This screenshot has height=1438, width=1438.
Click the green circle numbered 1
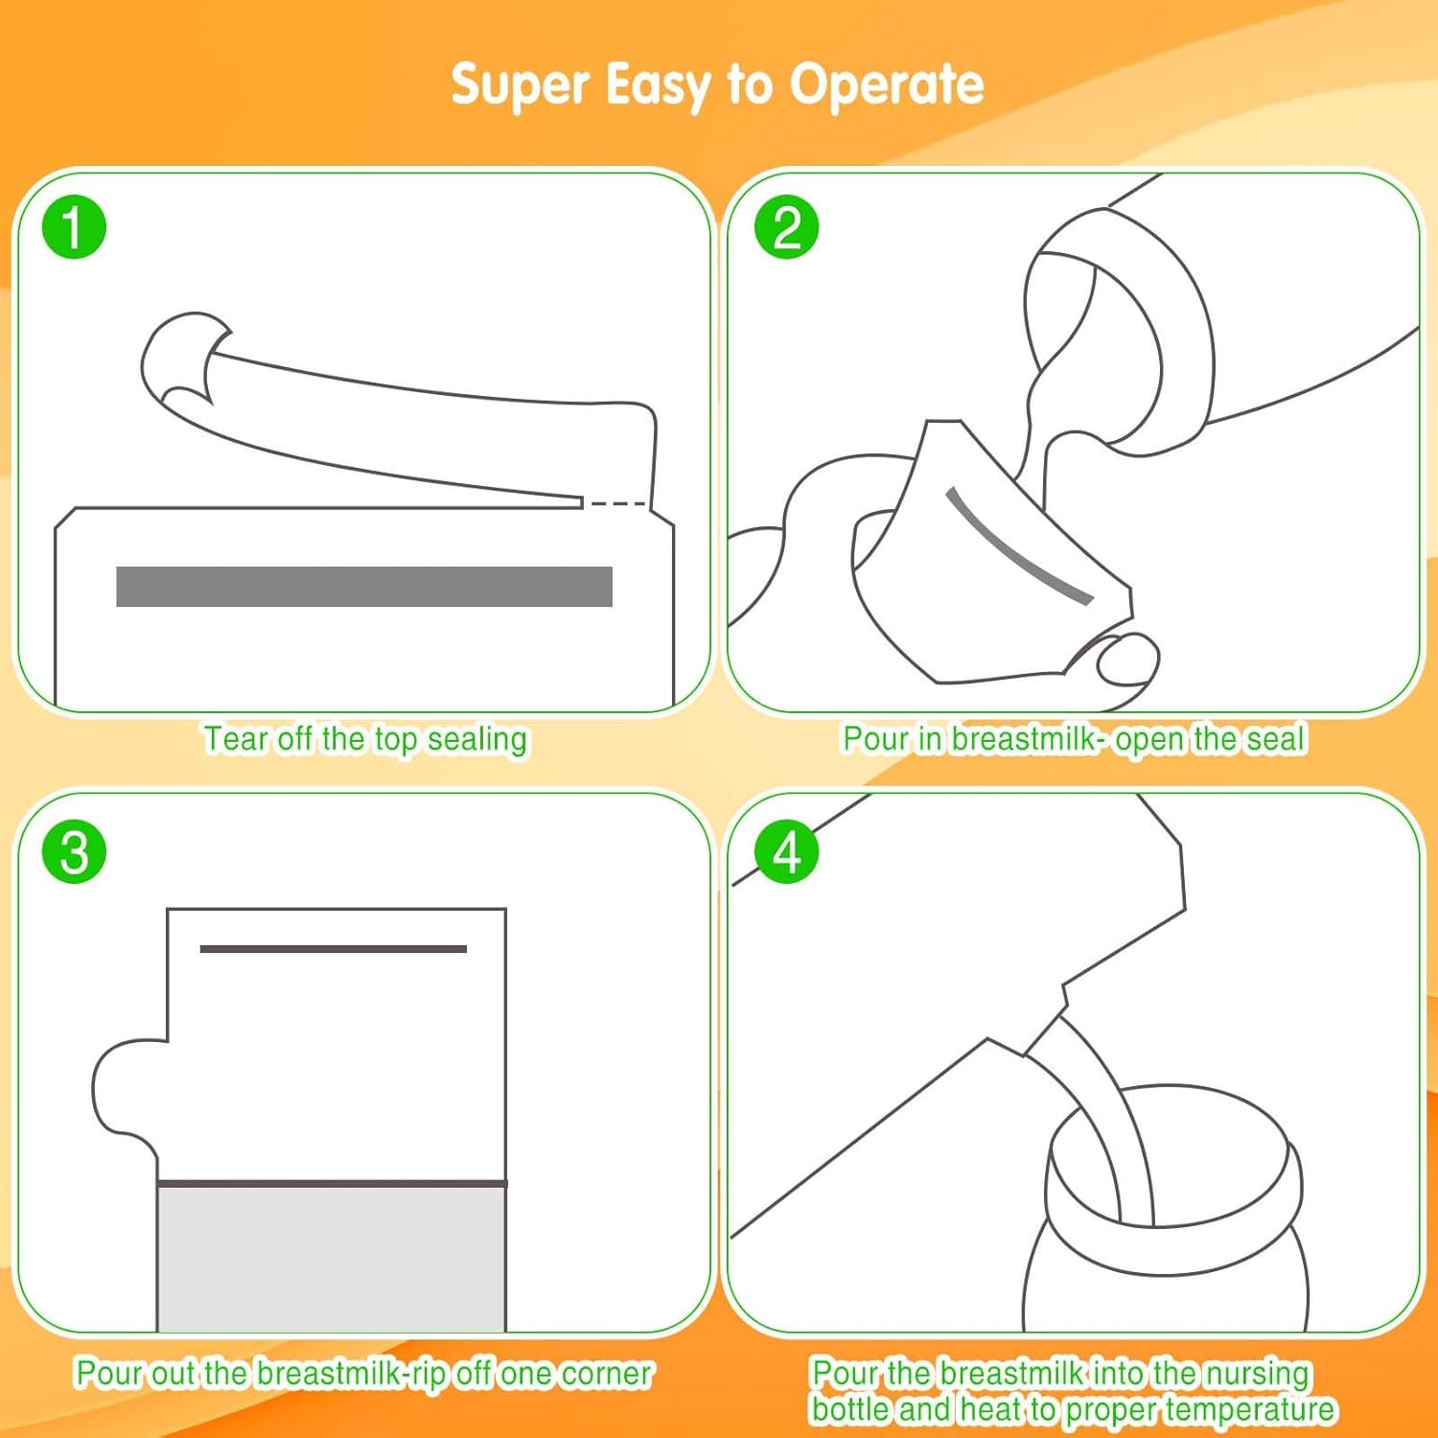click(74, 227)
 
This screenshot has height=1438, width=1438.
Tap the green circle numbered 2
click(787, 227)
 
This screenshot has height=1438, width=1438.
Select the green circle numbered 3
click(74, 851)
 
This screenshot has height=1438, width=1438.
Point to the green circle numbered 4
click(787, 851)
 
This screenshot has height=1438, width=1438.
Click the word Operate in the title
click(887, 85)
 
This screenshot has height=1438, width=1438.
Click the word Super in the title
click(520, 85)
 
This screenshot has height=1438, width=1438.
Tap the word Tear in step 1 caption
click(236, 739)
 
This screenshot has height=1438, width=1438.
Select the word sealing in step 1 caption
click(477, 740)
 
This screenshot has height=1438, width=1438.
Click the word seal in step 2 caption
click(1276, 739)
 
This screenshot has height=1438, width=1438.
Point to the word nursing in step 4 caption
click(1257, 1374)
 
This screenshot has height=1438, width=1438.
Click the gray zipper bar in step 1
click(364, 587)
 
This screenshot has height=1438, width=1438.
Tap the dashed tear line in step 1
click(616, 503)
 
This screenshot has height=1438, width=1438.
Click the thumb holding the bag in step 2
click(1127, 659)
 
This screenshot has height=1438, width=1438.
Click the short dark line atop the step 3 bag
click(334, 949)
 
